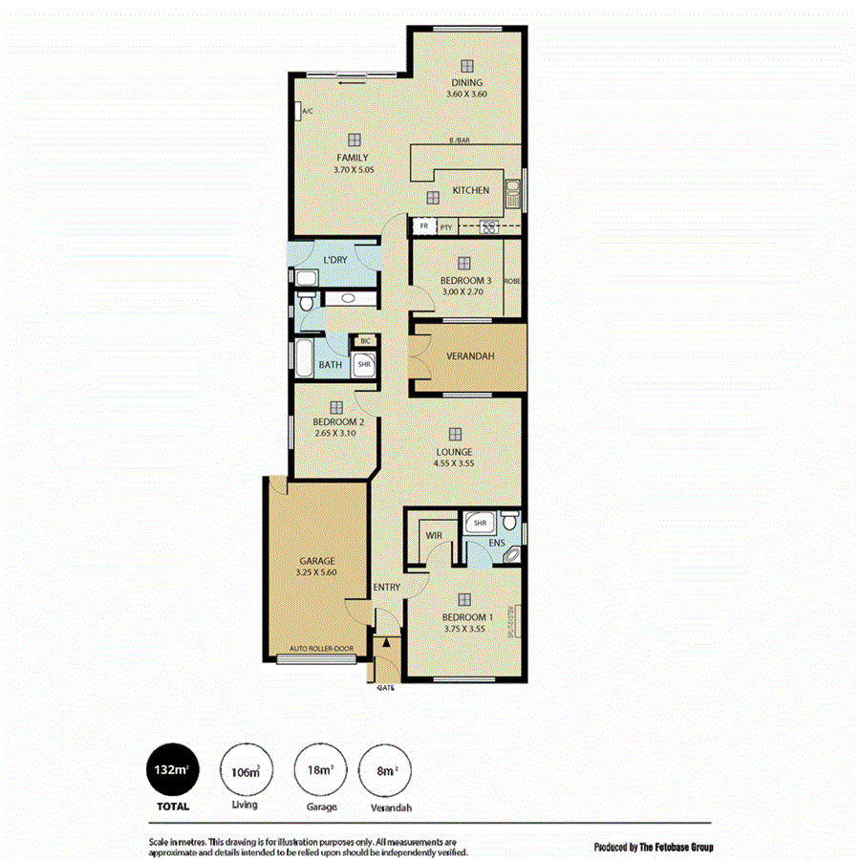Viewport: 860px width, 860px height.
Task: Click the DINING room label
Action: point(466,83)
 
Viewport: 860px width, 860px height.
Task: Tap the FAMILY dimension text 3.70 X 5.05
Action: point(351,170)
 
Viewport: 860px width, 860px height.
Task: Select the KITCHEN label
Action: point(470,190)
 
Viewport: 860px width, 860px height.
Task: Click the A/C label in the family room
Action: point(308,112)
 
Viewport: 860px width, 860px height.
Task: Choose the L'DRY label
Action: point(334,260)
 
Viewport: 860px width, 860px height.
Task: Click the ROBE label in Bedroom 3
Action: point(512,281)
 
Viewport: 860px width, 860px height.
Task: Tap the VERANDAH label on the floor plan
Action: point(469,357)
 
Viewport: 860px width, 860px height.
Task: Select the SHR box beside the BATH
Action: point(364,364)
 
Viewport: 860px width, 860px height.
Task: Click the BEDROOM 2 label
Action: point(337,421)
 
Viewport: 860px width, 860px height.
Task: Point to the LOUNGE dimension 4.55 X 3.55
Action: point(454,463)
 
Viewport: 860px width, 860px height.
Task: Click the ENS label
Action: point(496,543)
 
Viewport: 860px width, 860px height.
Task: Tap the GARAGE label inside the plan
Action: point(315,561)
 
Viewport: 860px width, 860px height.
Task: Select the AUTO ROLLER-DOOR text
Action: point(321,650)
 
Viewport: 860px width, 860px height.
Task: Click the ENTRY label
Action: point(387,587)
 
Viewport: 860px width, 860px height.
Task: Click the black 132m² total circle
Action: point(173,770)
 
